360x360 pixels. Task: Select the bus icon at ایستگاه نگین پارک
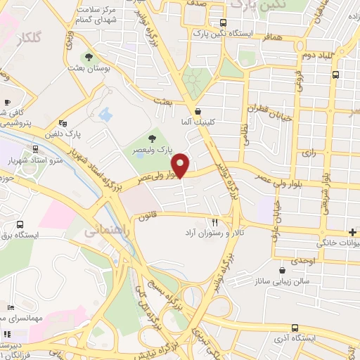[223, 22]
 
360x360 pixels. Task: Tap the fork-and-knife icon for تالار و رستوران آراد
[225, 221]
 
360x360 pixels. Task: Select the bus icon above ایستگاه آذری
[294, 328]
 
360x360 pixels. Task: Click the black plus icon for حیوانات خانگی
[352, 233]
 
